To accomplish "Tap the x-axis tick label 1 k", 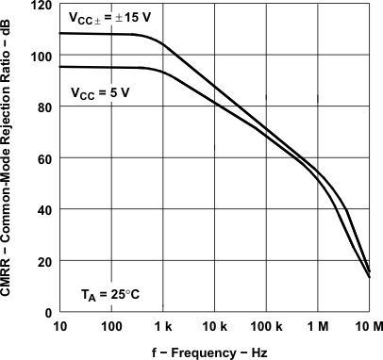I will tap(163, 326).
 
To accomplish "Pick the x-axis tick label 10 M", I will tap(368, 326).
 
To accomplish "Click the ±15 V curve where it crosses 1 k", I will tap(163, 43).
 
